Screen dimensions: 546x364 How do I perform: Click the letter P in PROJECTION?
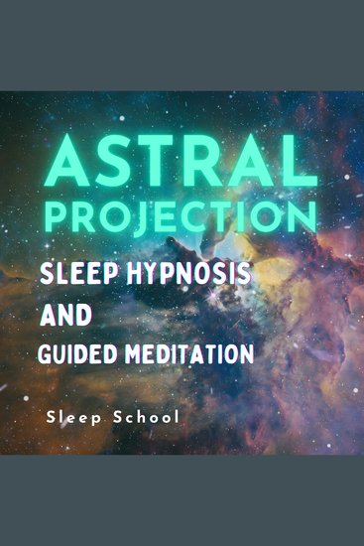68,211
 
